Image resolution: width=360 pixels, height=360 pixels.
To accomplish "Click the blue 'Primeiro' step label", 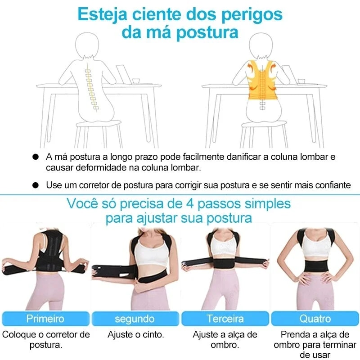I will pyautogui.click(x=45, y=319).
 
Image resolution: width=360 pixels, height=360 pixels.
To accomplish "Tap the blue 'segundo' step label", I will pyautogui.click(x=135, y=319).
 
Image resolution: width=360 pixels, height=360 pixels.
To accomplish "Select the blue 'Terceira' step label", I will pyautogui.click(x=225, y=319).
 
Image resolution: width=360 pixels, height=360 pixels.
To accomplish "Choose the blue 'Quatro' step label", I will pyautogui.click(x=315, y=319).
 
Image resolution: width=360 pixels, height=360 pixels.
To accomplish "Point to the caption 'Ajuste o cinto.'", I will pyautogui.click(x=135, y=335).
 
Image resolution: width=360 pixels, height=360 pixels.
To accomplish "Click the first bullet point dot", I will pyautogui.click(x=35, y=157).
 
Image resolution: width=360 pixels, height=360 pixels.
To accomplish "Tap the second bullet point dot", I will pyautogui.click(x=35, y=185).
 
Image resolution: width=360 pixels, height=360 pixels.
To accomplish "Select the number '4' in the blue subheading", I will pyautogui.click(x=191, y=203).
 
